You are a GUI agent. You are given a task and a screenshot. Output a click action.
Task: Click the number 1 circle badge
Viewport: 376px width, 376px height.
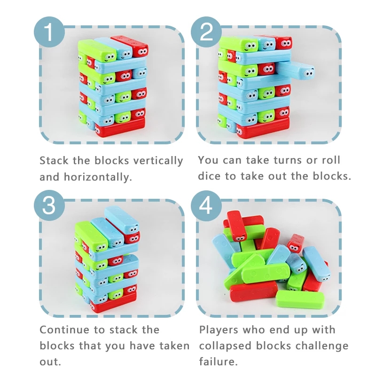49,32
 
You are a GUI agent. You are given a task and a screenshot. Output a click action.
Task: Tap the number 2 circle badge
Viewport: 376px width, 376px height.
206,32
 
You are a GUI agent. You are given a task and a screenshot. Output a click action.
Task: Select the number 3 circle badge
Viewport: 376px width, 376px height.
49,205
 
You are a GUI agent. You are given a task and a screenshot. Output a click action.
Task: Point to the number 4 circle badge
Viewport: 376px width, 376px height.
206,205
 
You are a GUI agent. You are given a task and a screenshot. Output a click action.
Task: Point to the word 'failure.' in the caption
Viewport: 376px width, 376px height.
218,361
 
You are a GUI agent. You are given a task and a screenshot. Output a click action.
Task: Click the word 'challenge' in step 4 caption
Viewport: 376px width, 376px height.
302,346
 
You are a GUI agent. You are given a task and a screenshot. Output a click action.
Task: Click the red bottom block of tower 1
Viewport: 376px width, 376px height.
120,127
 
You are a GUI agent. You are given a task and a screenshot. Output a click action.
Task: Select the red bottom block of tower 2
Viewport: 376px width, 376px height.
263,129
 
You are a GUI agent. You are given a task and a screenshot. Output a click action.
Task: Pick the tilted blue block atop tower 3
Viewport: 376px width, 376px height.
122,220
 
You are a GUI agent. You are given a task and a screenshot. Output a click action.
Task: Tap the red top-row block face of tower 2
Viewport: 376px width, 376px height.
284,43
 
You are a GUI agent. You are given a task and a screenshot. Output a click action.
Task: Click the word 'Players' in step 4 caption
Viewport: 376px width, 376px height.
219,330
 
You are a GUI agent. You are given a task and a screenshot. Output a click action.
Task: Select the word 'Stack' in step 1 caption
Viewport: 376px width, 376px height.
54,161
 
